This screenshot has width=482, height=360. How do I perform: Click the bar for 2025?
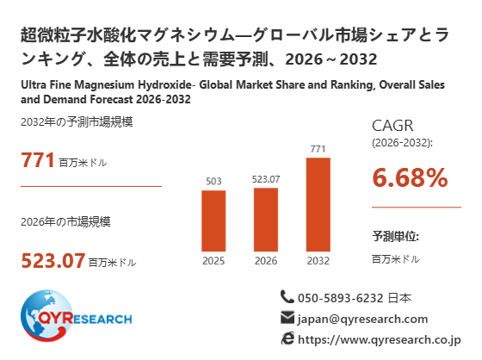(213, 221)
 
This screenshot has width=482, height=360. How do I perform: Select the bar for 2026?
(266, 220)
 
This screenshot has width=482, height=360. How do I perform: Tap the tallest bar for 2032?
(318, 205)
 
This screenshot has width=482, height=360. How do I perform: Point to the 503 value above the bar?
(213, 181)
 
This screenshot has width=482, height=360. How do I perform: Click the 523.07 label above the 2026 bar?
(266, 179)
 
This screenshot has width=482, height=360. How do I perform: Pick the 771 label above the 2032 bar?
(318, 149)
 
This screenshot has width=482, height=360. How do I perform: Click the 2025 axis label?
(213, 261)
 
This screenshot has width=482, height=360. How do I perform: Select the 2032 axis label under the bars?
(318, 261)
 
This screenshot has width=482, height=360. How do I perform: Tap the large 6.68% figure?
(410, 177)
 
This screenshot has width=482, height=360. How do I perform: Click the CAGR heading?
(392, 126)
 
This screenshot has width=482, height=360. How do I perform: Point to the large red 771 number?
(38, 160)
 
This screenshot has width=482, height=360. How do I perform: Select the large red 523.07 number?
(53, 260)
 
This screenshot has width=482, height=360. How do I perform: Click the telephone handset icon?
(287, 297)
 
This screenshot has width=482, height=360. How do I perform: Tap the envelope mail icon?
(287, 318)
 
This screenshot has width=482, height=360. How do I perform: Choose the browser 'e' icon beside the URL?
(287, 338)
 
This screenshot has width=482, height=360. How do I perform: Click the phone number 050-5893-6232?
(341, 298)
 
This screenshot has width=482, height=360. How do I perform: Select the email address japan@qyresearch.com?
(362, 319)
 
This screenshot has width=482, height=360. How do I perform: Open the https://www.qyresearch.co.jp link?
(380, 339)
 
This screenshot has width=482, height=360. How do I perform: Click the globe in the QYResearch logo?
(46, 316)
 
